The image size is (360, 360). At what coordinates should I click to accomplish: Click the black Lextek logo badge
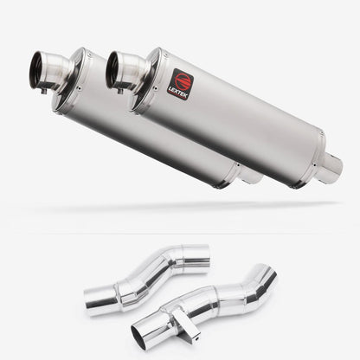tap(180, 84)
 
